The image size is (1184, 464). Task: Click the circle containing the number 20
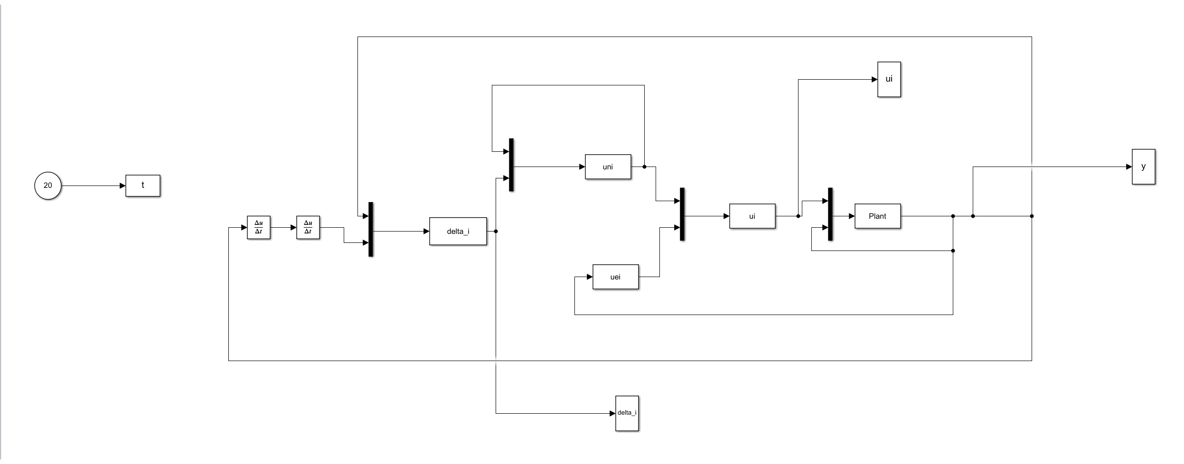pos(47,186)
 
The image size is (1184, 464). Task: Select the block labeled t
pos(142,186)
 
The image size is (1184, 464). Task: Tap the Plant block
pos(877,216)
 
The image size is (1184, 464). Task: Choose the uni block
pos(608,167)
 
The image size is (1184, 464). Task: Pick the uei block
pos(615,277)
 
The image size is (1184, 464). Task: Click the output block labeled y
pos(1143,167)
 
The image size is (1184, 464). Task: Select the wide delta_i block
pos(458,232)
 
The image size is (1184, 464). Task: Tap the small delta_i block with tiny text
pos(627,413)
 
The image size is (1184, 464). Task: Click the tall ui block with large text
pos(889,79)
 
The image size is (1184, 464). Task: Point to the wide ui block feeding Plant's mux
pos(752,216)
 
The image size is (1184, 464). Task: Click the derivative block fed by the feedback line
pos(258,228)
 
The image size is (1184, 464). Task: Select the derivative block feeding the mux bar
pos(308,228)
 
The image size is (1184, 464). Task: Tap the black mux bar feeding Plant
pos(830,214)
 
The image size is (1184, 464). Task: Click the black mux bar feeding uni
pos(511,165)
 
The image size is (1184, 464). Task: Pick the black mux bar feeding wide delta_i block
pos(371,229)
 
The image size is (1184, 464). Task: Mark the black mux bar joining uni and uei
pos(682,214)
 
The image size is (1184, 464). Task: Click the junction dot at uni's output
pos(644,167)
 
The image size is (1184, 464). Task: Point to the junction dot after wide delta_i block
pos(496,232)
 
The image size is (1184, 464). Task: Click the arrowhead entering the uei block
pos(590,277)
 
